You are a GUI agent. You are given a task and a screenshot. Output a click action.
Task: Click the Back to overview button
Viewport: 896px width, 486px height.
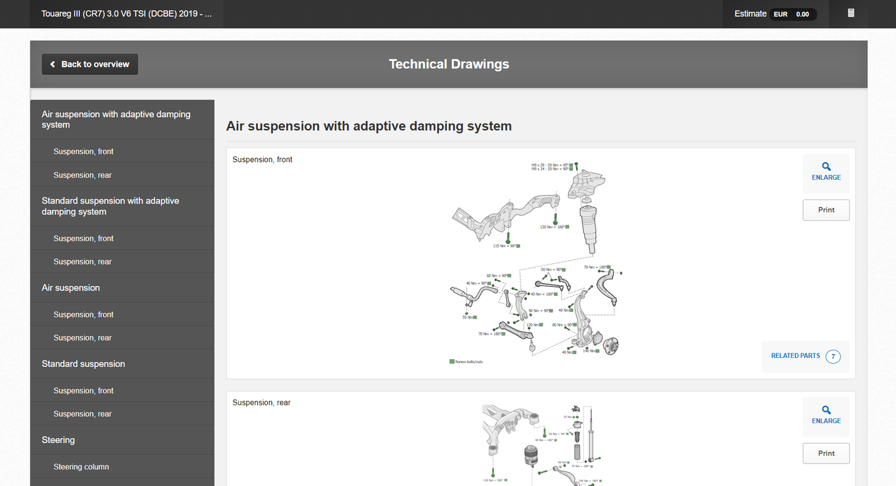pos(90,64)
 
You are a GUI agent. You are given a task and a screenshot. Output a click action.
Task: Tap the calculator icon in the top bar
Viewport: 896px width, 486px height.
pos(851,13)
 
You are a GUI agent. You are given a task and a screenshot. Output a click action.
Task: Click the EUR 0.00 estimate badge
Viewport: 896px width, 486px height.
pos(793,14)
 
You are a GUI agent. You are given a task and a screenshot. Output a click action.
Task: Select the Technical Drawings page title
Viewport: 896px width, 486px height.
pos(449,64)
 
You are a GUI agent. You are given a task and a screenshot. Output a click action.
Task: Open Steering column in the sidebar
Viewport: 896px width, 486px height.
pos(81,467)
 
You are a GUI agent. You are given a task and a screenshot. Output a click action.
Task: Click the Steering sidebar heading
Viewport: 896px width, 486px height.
pos(58,440)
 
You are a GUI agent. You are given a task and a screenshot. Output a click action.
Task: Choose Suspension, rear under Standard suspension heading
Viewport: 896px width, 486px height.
pos(83,414)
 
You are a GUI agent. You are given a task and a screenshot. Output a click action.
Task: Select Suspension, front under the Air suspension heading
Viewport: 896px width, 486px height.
pos(83,314)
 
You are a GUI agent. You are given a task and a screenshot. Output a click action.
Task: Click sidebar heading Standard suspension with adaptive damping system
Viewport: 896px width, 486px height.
pos(110,206)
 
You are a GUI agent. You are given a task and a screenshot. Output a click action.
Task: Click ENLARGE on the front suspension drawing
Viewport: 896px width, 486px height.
pos(826,172)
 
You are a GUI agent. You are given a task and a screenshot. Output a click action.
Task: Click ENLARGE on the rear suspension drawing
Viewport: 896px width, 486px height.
pos(826,416)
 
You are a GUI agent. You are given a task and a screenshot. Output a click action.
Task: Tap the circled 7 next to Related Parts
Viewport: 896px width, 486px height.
pos(833,356)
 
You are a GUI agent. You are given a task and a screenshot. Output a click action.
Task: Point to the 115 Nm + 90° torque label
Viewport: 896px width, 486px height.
pos(504,246)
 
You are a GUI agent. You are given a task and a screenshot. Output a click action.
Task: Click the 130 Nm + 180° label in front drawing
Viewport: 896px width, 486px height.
pos(552,227)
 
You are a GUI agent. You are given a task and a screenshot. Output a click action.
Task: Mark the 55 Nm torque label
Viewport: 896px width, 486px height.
pos(468,317)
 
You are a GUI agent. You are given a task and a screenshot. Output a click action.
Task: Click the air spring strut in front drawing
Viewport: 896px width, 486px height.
pos(589,227)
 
